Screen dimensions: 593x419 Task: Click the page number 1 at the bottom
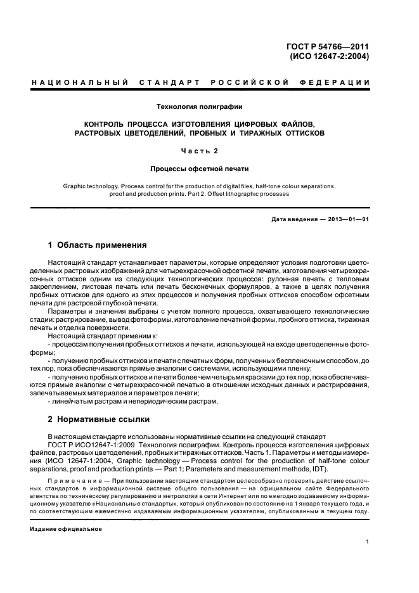(x=368, y=542)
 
